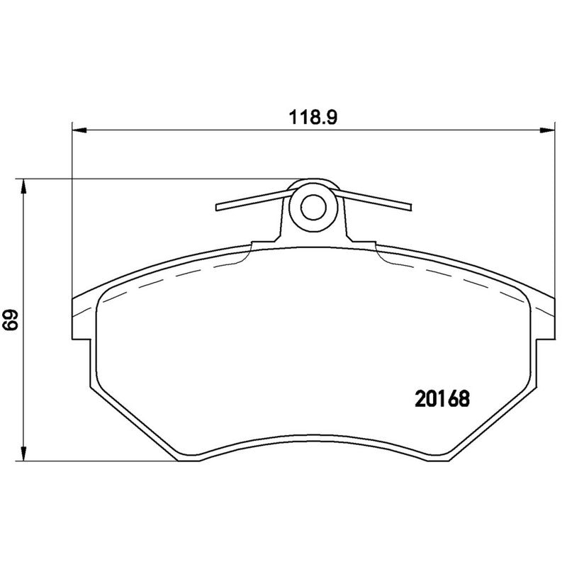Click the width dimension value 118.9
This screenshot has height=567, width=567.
coord(311,118)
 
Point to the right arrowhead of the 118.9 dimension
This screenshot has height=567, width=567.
coord(547,130)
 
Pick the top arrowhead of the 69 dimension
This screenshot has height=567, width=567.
coord(25,186)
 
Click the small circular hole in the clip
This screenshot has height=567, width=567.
coord(312,207)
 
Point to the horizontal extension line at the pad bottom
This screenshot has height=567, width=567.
coord(99,461)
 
